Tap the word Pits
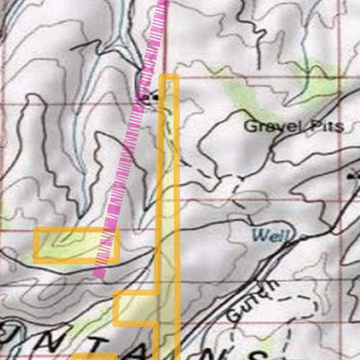click(x=326, y=127)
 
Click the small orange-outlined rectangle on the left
click(x=76, y=245)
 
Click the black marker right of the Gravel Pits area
click(x=353, y=177)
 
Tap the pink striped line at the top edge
click(x=163, y=4)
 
